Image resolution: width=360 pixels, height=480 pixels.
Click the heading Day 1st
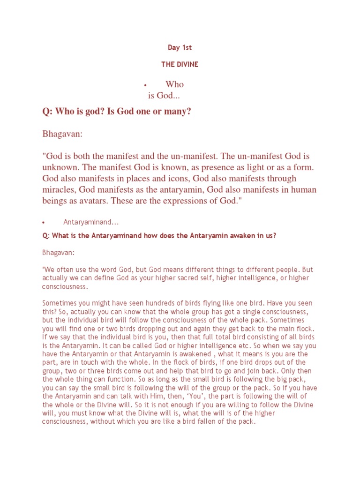(x=180, y=47)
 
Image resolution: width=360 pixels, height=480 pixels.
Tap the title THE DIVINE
(x=180, y=65)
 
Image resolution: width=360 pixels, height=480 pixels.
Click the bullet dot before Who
(x=146, y=85)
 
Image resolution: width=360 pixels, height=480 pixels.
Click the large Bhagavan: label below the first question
(x=62, y=134)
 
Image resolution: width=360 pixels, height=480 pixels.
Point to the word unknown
(x=59, y=167)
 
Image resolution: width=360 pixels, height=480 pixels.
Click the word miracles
(x=59, y=189)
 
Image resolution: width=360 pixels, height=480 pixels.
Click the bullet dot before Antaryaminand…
(x=43, y=222)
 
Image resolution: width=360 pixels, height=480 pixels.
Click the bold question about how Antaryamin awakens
(x=159, y=236)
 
